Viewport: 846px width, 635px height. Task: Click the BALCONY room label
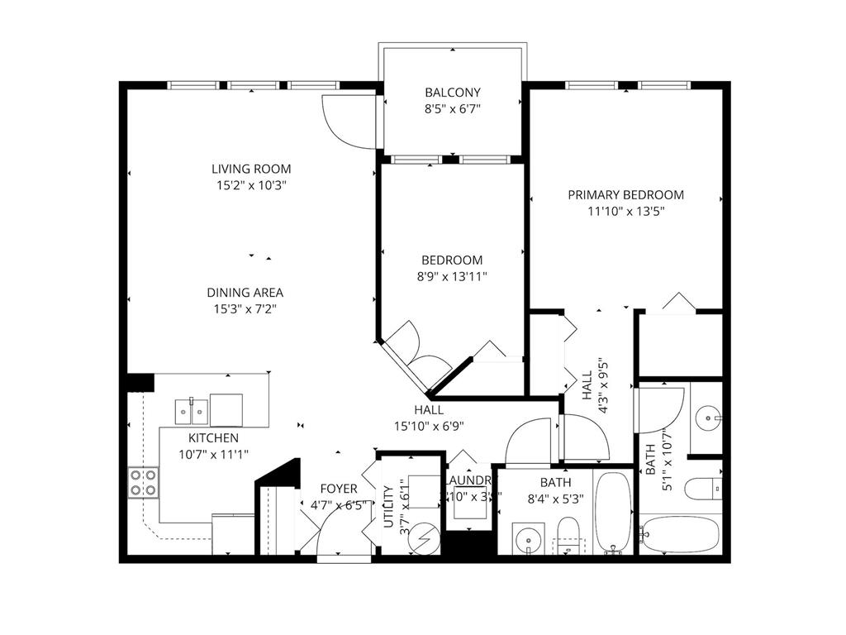pyautogui.click(x=452, y=93)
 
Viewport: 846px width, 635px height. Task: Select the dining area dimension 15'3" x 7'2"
pyautogui.click(x=245, y=309)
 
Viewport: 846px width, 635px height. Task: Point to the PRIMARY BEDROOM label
pyautogui.click(x=625, y=195)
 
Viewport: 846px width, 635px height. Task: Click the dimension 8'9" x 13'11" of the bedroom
pyautogui.click(x=451, y=276)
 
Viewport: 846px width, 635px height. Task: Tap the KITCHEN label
pyautogui.click(x=214, y=437)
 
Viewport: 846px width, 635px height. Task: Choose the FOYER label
pyautogui.click(x=338, y=489)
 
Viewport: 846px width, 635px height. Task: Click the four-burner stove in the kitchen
pyautogui.click(x=143, y=482)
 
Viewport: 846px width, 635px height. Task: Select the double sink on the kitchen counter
pyautogui.click(x=191, y=410)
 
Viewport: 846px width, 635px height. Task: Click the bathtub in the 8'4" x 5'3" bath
pyautogui.click(x=612, y=512)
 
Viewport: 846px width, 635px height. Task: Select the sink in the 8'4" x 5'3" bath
pyautogui.click(x=526, y=541)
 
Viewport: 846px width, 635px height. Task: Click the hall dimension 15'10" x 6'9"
pyautogui.click(x=429, y=427)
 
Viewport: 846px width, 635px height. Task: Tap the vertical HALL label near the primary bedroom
pyautogui.click(x=587, y=386)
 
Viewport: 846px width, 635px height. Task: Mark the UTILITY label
pyautogui.click(x=387, y=505)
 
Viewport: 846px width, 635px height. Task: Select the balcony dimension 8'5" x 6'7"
pyautogui.click(x=452, y=108)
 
